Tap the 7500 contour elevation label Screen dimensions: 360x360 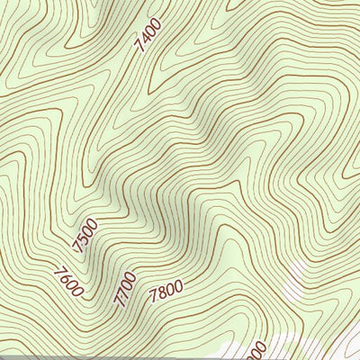pos(86,235)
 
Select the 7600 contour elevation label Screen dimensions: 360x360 pos(68,282)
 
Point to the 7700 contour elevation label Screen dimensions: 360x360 pos(125,290)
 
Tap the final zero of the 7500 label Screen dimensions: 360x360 pos(94,223)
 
